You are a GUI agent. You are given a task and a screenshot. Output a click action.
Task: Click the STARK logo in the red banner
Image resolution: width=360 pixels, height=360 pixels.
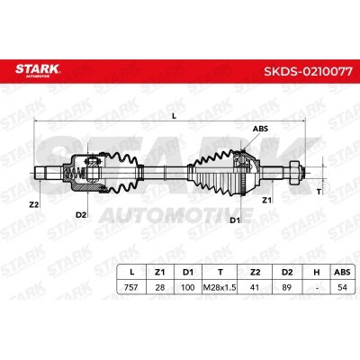tap(38, 70)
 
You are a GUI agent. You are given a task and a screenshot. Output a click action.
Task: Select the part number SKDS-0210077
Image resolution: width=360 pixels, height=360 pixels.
tap(308, 71)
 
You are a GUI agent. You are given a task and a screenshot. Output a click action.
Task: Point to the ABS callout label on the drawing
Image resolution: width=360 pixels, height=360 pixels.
tap(260, 129)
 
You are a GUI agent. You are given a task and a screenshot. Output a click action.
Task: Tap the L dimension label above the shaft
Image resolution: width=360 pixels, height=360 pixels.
tap(175, 116)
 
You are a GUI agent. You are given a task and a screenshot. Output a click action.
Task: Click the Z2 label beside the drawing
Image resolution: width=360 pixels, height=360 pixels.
tap(33, 205)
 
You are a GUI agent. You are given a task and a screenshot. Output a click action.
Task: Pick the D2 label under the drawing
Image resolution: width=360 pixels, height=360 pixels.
tap(81, 215)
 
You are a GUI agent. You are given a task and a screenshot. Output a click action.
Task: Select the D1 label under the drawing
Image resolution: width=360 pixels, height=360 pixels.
tap(235, 220)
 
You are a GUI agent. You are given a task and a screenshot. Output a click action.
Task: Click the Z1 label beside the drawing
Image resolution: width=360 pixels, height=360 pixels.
tap(266, 200)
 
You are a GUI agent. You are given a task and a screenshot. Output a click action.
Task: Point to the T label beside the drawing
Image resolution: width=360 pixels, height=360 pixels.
tap(319, 192)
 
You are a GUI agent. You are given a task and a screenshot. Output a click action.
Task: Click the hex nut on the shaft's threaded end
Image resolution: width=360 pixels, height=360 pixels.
tap(292, 174)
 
